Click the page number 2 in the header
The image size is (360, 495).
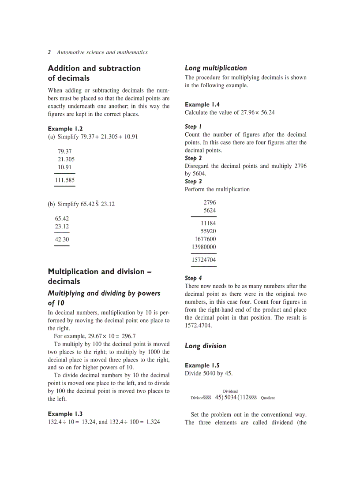pyautogui.click(x=49, y=52)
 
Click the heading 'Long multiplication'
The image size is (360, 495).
pyautogui.click(x=216, y=68)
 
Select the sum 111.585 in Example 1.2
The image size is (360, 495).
pyautogui.click(x=64, y=180)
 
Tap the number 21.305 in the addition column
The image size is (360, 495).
pyautogui.click(x=66, y=159)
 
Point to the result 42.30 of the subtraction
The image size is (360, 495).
pyautogui.click(x=62, y=239)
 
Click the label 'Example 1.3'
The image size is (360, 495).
pyautogui.click(x=65, y=414)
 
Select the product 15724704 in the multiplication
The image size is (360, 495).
pyautogui.click(x=203, y=260)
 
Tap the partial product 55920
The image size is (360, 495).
pyautogui.click(x=208, y=231)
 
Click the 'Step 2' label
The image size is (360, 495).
pyautogui.click(x=193, y=158)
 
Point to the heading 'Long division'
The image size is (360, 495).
pyautogui.click(x=205, y=346)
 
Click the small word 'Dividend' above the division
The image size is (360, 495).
pyautogui.click(x=230, y=391)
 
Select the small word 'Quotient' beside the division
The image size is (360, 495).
pyautogui.click(x=268, y=398)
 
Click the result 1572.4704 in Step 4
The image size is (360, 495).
pyautogui.click(x=198, y=326)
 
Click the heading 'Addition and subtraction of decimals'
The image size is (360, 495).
pyautogui.click(x=94, y=73)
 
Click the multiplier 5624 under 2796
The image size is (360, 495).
pyautogui.click(x=210, y=211)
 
